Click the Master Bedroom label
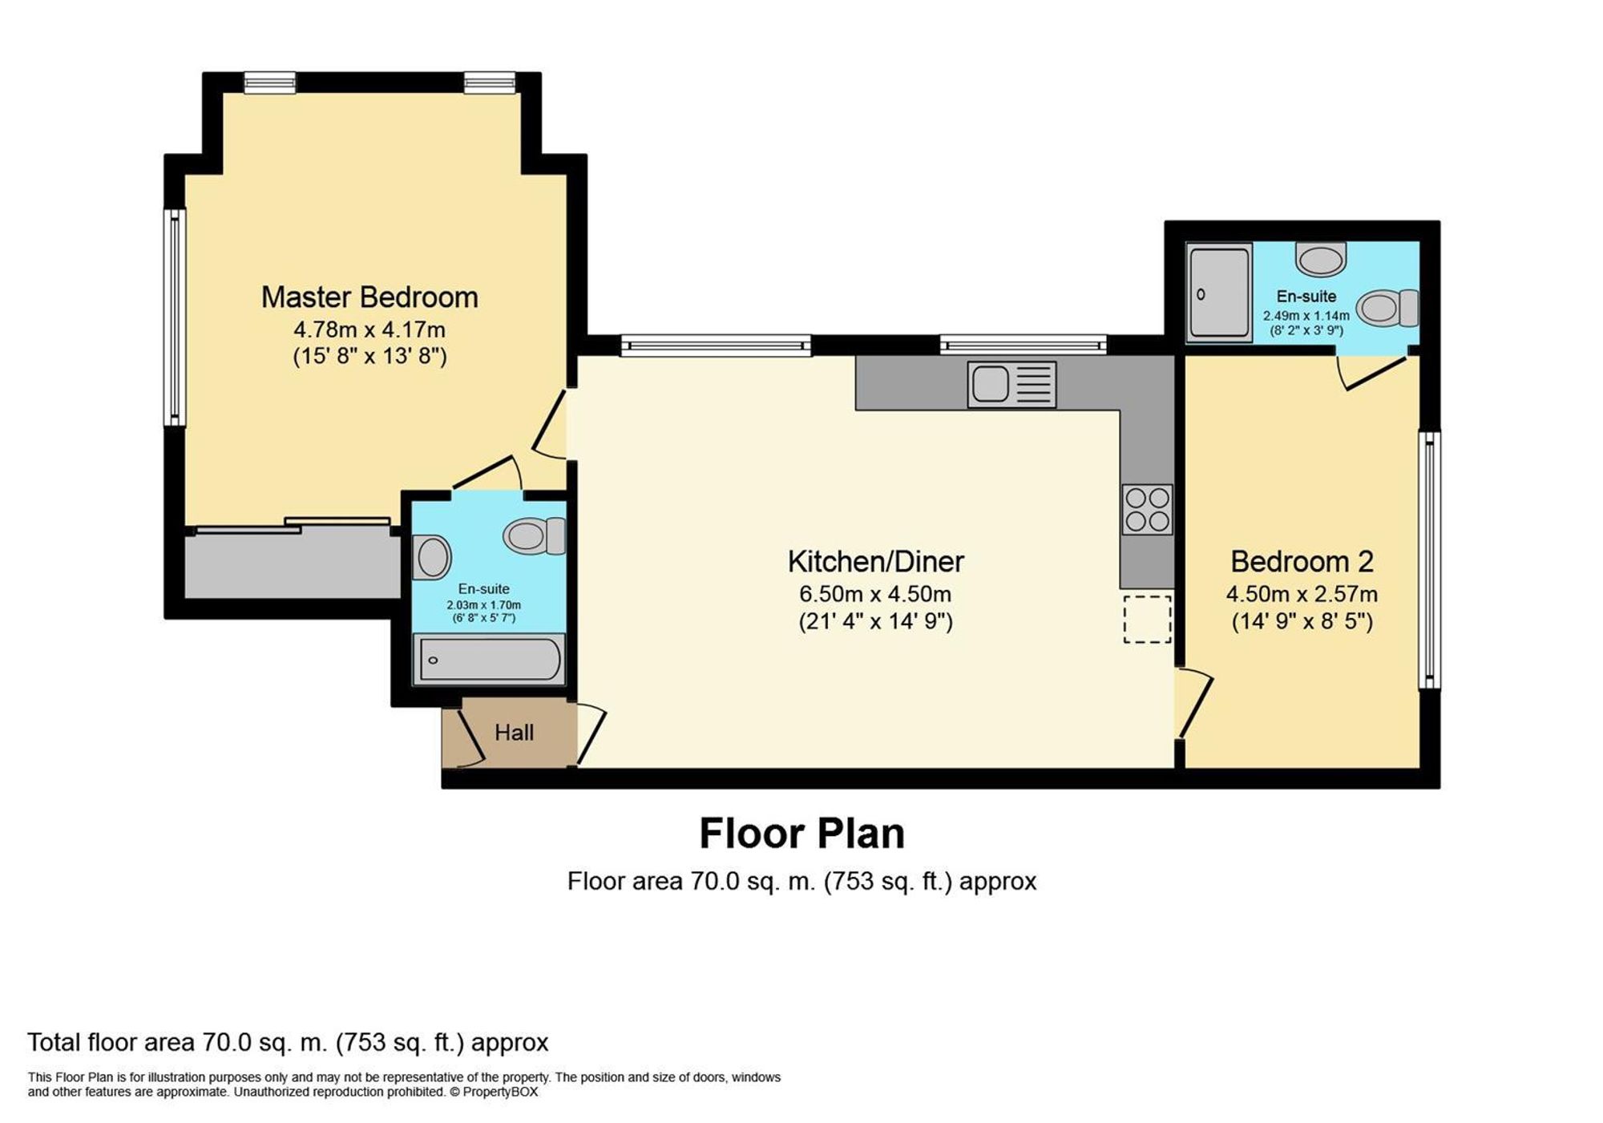click(369, 297)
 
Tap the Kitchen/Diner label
click(875, 562)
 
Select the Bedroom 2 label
click(1302, 562)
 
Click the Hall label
click(514, 733)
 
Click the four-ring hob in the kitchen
click(1147, 510)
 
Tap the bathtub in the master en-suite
click(488, 660)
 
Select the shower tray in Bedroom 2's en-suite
click(1218, 293)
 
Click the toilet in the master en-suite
click(534, 535)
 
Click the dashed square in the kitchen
click(1147, 619)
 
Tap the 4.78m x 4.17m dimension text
click(369, 329)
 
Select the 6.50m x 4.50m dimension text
click(875, 595)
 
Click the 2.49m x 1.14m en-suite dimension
click(1306, 316)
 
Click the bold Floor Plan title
click(801, 834)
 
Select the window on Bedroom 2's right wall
click(1429, 560)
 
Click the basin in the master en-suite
click(432, 556)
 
